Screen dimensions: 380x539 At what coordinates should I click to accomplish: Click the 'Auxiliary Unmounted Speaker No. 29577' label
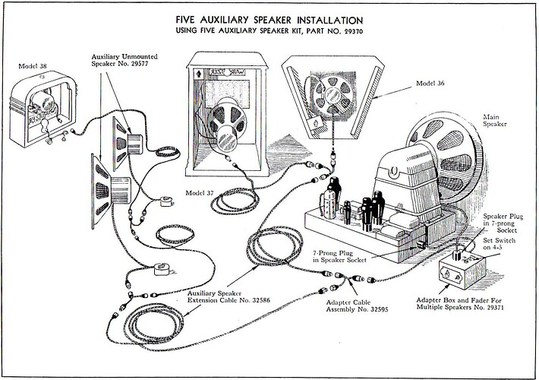point(125,61)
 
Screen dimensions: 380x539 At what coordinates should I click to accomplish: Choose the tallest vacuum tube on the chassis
point(332,195)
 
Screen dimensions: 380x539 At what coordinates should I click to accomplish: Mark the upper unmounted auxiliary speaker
point(126,138)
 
